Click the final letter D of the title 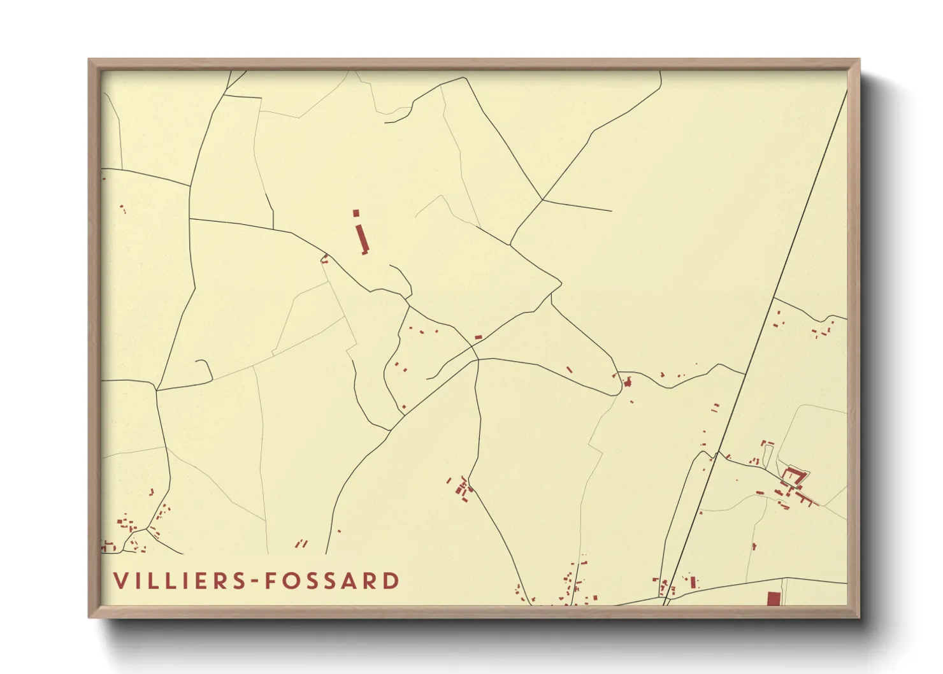[x=392, y=581]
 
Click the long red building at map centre [x=363, y=238]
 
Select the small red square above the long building [x=356, y=213]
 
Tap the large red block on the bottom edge [x=774, y=599]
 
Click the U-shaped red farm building [x=793, y=477]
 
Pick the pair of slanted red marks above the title [x=301, y=543]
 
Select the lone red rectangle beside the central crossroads [x=479, y=337]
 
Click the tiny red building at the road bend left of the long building [x=324, y=259]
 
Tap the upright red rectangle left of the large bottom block [x=693, y=582]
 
